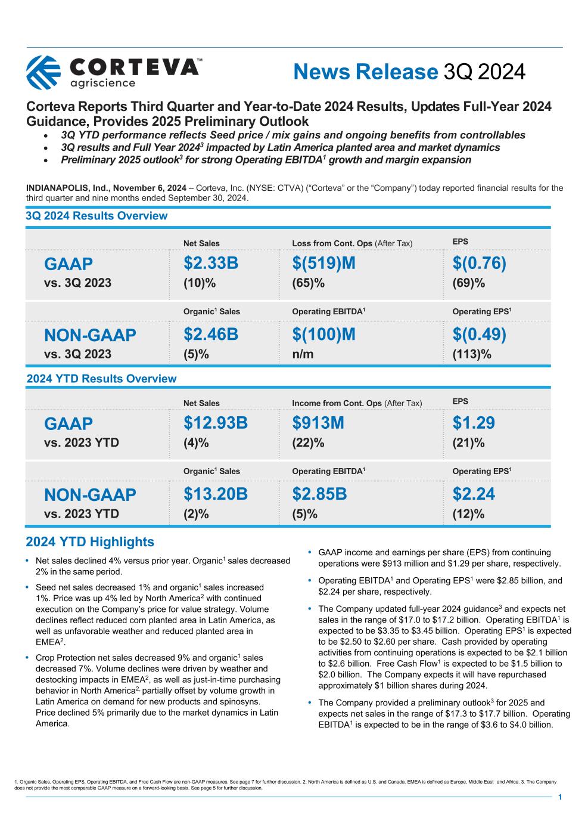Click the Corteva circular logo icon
tap(43, 72)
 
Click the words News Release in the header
tap(366, 72)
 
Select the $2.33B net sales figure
tap(211, 263)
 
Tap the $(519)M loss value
tap(323, 263)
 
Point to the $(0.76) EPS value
tap(479, 263)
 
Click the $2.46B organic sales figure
tap(211, 335)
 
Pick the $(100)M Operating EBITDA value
tap(323, 335)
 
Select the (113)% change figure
tap(471, 354)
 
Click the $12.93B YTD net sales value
tap(216, 423)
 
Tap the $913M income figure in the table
tap(318, 423)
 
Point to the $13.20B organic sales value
tap(216, 494)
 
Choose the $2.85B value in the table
tap(319, 494)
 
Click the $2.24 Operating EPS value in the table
tap(474, 494)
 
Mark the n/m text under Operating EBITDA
tap(303, 354)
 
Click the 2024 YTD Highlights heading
tap(90, 542)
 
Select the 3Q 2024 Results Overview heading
tap(97, 216)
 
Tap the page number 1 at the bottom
tap(559, 797)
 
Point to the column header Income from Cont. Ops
tap(337, 403)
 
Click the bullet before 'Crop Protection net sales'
tap(27, 657)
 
